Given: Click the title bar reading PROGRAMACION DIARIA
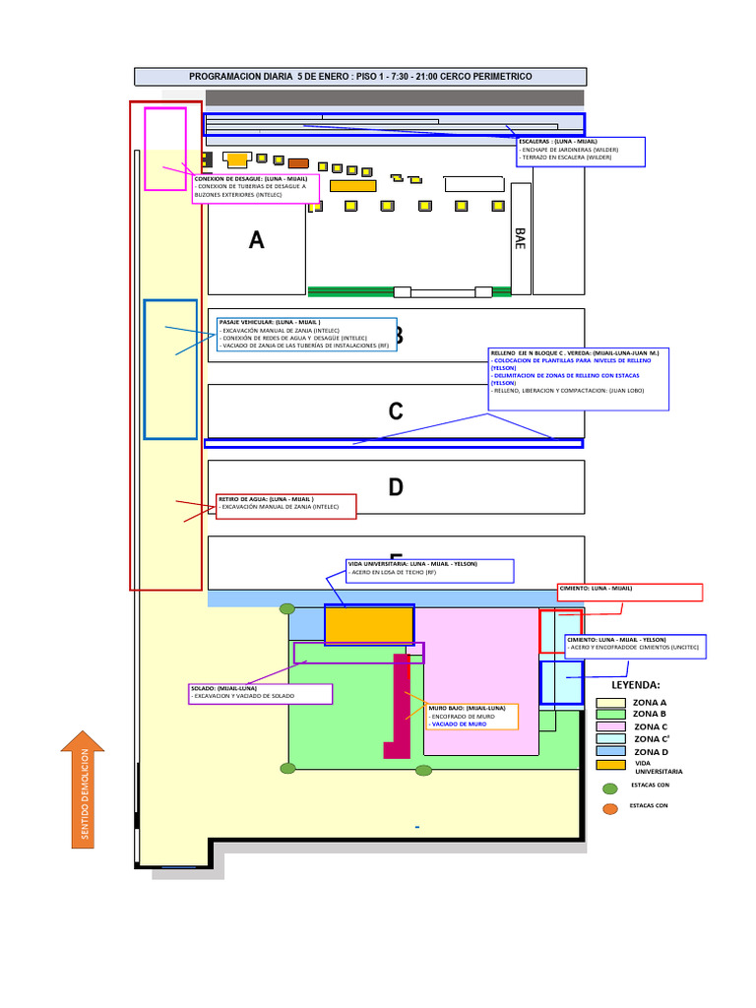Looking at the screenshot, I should [359, 77].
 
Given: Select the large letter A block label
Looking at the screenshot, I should [257, 240].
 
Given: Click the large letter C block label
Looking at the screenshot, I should [395, 411].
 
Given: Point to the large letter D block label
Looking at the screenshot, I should [395, 487].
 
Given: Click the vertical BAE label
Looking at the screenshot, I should [520, 238].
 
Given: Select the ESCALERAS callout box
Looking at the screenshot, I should [581, 151].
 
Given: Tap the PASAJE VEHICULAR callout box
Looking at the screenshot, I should [305, 335].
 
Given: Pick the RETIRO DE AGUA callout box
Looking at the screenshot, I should [285, 506].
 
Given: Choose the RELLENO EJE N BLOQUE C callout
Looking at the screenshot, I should [578, 378].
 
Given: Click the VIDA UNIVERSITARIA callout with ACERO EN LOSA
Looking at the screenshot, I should [429, 571].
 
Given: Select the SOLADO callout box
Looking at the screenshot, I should [260, 693].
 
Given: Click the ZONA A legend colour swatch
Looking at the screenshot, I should [610, 703].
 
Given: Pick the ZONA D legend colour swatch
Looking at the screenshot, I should [610, 751].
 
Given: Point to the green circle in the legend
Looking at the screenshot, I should [610, 787].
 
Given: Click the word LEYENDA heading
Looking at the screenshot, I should [636, 684].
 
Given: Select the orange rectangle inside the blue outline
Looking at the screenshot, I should [368, 624].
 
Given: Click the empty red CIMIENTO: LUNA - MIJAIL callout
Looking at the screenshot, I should [630, 592].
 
